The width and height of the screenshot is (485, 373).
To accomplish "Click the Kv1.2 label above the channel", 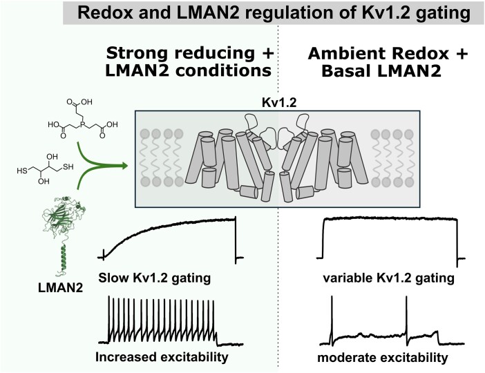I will coord(276,102).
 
